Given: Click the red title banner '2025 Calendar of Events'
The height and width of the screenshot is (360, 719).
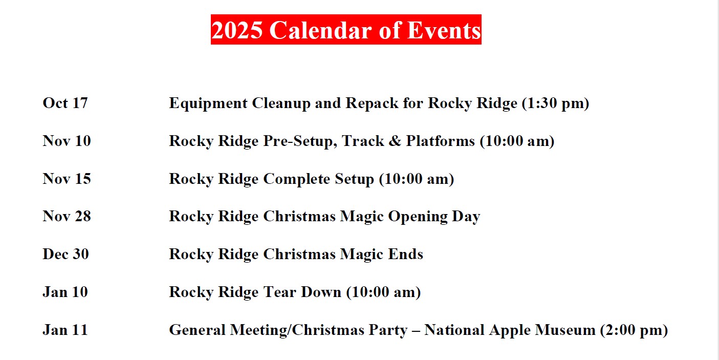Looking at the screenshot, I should pyautogui.click(x=346, y=30).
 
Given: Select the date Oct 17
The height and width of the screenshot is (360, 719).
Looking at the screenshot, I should pyautogui.click(x=65, y=103).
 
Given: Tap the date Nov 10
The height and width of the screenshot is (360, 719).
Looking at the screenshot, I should pyautogui.click(x=67, y=141).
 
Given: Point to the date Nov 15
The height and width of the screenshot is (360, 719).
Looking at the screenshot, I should pyautogui.click(x=67, y=179).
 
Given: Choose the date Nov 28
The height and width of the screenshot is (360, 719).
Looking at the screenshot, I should pyautogui.click(x=67, y=216).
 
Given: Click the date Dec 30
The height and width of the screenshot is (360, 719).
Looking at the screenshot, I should pyautogui.click(x=66, y=254).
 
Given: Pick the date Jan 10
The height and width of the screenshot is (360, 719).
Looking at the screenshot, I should pyautogui.click(x=65, y=292).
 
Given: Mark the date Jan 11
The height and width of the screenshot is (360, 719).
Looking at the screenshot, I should pyautogui.click(x=65, y=330).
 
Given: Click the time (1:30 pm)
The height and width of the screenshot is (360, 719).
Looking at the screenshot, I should pyautogui.click(x=555, y=103).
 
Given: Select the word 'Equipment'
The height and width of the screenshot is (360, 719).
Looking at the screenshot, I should pyautogui.click(x=208, y=103).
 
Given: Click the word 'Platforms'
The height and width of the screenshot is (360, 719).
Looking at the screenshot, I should pyautogui.click(x=441, y=141).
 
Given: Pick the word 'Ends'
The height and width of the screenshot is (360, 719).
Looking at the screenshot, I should pyautogui.click(x=407, y=254).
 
